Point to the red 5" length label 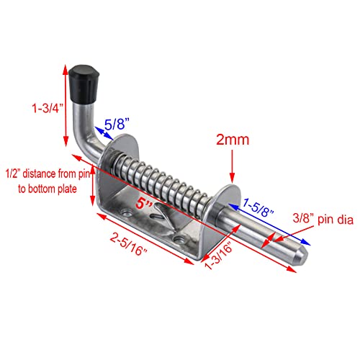click(x=148, y=204)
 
